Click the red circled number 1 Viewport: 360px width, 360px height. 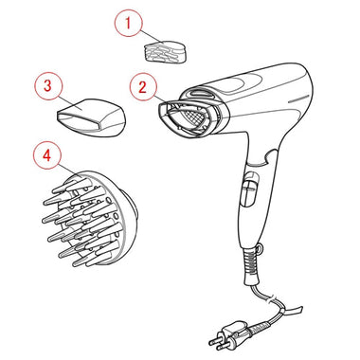[128, 24]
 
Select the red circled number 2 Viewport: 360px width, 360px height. [143, 87]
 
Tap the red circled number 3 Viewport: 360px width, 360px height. [47, 85]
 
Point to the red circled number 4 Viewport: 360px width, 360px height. [47, 155]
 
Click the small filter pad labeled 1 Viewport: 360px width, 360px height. [165, 51]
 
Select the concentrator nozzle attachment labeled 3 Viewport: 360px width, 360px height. [91, 117]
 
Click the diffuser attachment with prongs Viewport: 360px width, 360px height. [90, 219]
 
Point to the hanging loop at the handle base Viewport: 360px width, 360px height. [261, 249]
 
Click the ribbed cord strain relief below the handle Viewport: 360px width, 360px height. [251, 265]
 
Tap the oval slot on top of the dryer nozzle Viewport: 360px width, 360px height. [200, 93]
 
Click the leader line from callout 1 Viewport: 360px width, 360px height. [151, 37]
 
